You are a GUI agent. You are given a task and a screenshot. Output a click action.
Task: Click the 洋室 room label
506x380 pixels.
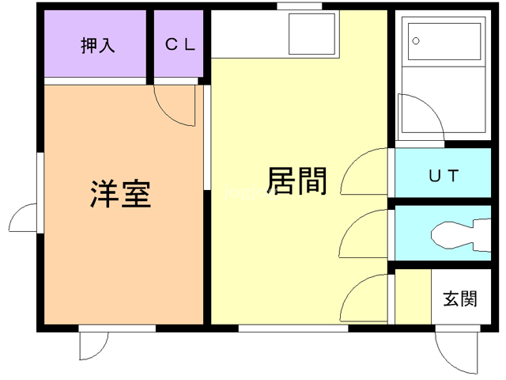pos(120,193)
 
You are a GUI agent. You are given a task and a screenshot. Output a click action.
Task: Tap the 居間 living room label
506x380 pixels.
pos(297,181)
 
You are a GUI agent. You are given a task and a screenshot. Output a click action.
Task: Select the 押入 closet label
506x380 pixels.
pos(96,45)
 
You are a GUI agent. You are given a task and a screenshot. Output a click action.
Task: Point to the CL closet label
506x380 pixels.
pos(180,44)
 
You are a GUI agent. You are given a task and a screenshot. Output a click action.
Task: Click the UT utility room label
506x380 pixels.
pos(444,176)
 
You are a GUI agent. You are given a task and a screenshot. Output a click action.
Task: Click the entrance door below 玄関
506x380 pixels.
pos(457,349)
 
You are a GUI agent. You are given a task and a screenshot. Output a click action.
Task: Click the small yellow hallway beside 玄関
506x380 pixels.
pos(413,297)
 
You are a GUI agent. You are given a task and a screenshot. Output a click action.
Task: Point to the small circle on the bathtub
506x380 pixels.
pos(415,40)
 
